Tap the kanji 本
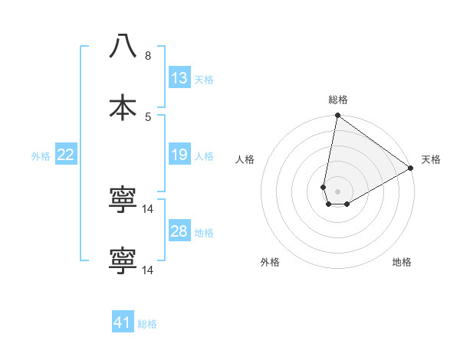coord(123,107)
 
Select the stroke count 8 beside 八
coord(147,56)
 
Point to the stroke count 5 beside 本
coord(147,116)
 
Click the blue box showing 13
coord(179,78)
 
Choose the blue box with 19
coord(179,155)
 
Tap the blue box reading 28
coord(179,231)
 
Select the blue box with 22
coord(66,155)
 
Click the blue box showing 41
coord(123,322)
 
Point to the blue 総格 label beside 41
coord(147,324)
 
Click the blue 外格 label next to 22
coord(41,156)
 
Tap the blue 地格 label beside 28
coord(204,233)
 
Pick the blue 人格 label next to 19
coord(204,156)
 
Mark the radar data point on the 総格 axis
coord(337,116)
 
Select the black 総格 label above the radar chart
coord(338,100)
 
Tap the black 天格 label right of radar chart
coord(431,159)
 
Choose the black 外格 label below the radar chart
coord(270,262)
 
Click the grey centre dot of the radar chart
coord(337,191)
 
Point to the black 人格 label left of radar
coord(245,159)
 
